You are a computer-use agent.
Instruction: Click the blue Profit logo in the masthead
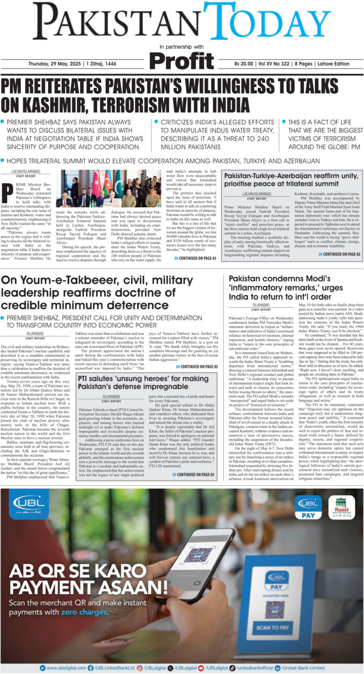181,61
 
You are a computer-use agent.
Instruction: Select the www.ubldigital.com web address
65,668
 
